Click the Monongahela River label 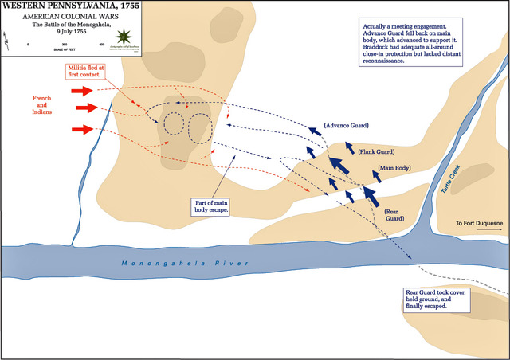click(185, 264)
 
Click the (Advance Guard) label click(347, 127)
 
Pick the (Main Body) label click(395, 168)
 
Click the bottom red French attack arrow click(83, 128)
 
